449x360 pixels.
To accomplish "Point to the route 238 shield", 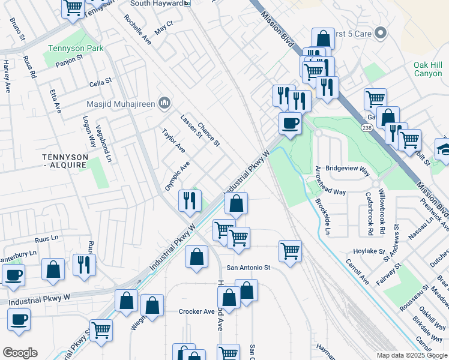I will click(366, 128).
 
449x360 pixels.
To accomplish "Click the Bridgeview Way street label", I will click(347, 170).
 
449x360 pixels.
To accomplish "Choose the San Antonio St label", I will click(249, 268).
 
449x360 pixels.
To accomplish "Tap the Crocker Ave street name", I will click(196, 311).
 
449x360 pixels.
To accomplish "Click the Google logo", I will click(20, 353).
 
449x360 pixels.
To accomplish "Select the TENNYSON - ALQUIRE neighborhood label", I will click(65, 160).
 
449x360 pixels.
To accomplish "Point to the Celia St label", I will click(100, 80).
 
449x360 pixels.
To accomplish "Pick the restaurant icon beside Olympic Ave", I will click(190, 200).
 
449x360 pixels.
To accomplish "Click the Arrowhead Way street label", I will click(330, 192).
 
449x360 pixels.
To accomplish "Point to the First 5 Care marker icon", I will click(379, 34).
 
